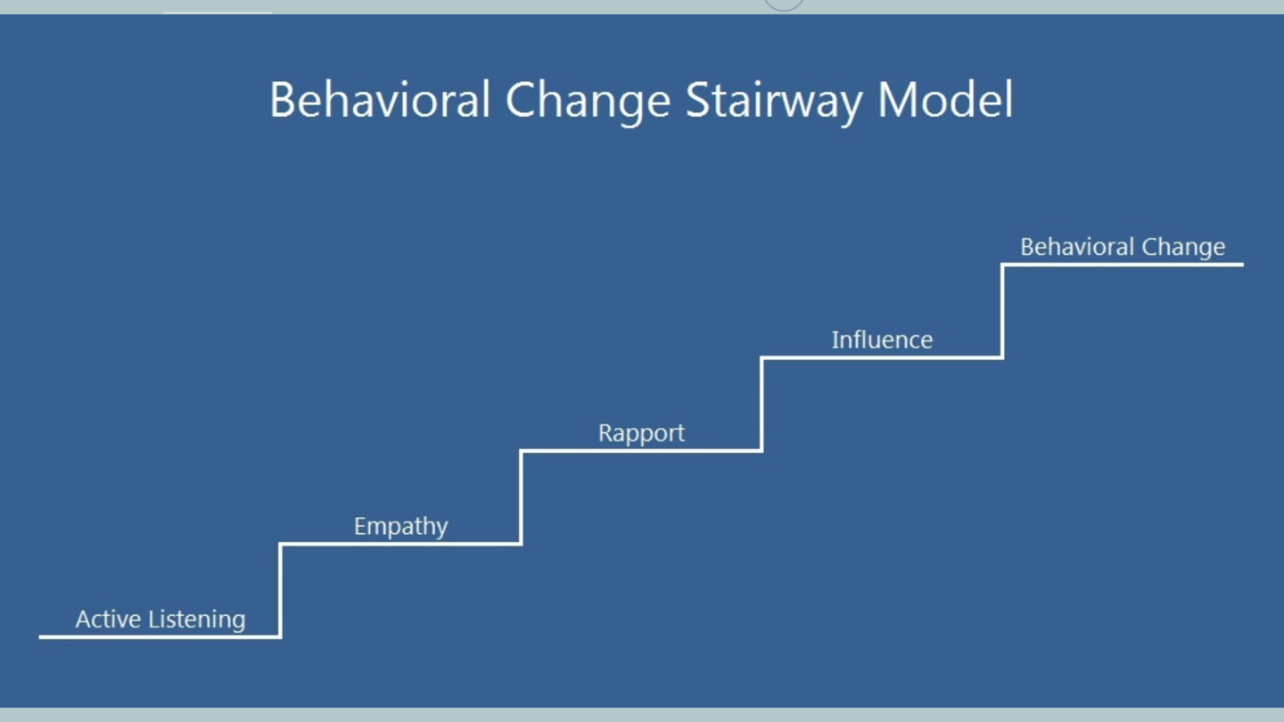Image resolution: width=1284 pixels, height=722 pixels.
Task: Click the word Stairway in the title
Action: pyautogui.click(x=774, y=102)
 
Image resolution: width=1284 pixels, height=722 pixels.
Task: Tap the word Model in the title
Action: pyautogui.click(x=945, y=100)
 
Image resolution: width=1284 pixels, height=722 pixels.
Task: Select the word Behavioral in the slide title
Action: pyautogui.click(x=380, y=100)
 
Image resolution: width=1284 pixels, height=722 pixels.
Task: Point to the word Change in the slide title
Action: pyautogui.click(x=588, y=102)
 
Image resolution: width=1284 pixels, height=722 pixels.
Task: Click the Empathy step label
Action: pyautogui.click(x=400, y=527)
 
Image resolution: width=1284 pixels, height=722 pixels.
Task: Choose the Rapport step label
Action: pyautogui.click(x=641, y=434)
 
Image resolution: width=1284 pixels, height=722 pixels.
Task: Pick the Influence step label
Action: pyautogui.click(x=882, y=340)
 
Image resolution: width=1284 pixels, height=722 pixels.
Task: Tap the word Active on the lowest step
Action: pyautogui.click(x=109, y=619)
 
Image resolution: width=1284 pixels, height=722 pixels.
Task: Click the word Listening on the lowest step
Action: pyautogui.click(x=197, y=620)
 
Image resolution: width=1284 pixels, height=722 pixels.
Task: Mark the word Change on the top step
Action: pyautogui.click(x=1184, y=248)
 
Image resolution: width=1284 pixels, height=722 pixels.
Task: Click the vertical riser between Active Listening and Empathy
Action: pyautogui.click(x=280, y=590)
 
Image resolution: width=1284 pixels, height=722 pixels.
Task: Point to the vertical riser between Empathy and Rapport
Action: pyautogui.click(x=521, y=497)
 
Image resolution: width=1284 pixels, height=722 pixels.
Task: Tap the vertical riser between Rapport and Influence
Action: pyautogui.click(x=761, y=404)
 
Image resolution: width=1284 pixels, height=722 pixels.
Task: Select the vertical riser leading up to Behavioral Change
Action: pyautogui.click(x=1002, y=311)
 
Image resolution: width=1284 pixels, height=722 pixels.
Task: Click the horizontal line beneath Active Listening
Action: pyautogui.click(x=160, y=636)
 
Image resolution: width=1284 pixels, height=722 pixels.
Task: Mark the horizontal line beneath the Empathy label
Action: pyautogui.click(x=400, y=544)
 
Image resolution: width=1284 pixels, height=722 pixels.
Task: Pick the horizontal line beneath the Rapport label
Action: pyautogui.click(x=641, y=450)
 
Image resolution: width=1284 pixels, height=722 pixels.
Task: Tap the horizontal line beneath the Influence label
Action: pyautogui.click(x=882, y=357)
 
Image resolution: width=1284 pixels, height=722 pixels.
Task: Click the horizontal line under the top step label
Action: pyautogui.click(x=1123, y=264)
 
